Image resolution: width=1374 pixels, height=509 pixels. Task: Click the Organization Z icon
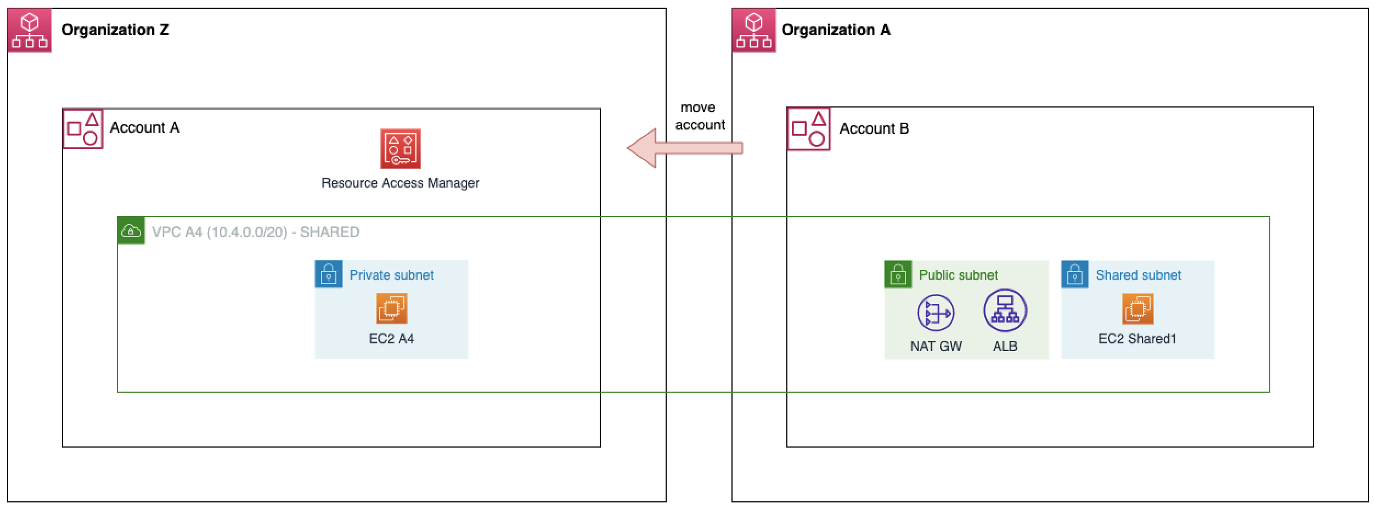pos(30,30)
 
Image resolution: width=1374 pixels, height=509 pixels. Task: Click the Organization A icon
pos(754,30)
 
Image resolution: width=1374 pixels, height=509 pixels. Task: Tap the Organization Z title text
pos(115,30)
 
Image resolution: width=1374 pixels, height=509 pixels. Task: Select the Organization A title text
pos(836,30)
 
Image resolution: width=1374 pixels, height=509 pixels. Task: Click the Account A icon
pos(83,129)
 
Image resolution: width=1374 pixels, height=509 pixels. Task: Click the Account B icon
pos(809,129)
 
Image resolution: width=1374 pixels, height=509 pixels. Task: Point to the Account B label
pos(874,128)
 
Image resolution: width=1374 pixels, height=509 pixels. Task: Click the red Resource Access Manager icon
pos(401,149)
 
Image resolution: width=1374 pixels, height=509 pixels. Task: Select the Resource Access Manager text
pos(400,183)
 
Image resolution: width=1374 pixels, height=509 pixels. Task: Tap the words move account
pos(699,116)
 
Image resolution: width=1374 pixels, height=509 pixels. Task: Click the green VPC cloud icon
pos(131,231)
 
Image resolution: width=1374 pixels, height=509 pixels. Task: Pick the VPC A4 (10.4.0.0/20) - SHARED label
pos(256,232)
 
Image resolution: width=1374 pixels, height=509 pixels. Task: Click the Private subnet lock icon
pos(329,274)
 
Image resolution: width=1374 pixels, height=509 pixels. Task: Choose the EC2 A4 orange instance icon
pos(391,308)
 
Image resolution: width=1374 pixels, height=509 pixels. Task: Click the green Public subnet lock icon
pos(898,274)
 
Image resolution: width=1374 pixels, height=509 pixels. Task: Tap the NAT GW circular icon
pos(936,313)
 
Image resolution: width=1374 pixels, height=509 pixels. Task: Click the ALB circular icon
pos(1005,310)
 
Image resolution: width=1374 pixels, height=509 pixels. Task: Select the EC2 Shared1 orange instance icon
pos(1138,308)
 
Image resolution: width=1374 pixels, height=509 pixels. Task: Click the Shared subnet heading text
pos(1138,275)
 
